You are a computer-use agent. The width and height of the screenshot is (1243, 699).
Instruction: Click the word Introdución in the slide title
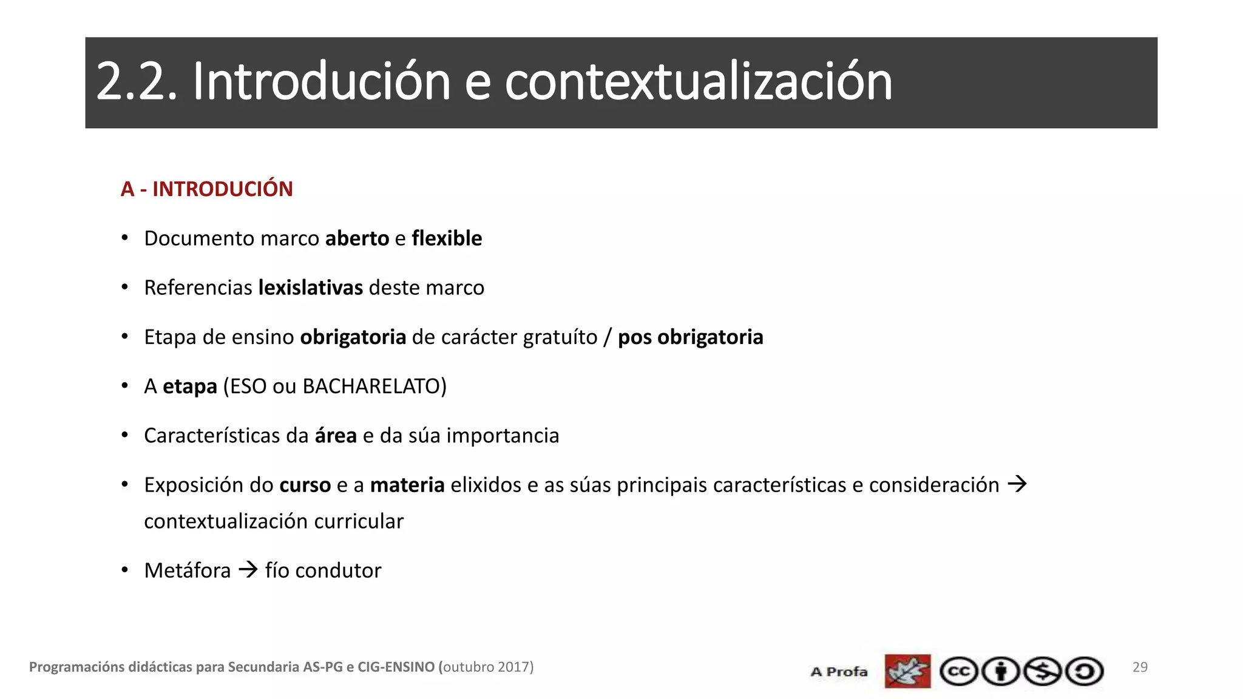[322, 82]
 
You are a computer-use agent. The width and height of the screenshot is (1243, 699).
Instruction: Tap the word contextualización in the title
[698, 82]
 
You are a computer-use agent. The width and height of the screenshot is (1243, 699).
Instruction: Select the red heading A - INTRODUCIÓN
[206, 189]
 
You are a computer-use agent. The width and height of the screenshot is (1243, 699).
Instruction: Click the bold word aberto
[357, 238]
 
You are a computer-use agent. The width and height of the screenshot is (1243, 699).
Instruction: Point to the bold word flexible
[447, 238]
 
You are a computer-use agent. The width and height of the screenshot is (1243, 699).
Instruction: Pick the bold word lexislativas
[311, 288]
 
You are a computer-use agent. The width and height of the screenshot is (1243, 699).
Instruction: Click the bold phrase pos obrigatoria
[690, 337]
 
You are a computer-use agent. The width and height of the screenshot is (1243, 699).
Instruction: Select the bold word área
[336, 436]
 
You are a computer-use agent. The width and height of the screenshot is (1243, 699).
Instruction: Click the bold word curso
[305, 485]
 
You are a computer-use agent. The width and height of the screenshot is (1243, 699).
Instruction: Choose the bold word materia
[407, 485]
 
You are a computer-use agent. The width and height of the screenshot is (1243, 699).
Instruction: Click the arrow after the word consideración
[1017, 484]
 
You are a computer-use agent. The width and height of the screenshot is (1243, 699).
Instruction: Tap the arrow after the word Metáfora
[248, 570]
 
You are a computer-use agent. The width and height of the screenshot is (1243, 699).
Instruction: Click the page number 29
[1140, 667]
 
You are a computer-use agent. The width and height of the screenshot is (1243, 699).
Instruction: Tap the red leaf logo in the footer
[907, 671]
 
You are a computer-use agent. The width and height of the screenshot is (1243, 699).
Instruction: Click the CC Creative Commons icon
[958, 672]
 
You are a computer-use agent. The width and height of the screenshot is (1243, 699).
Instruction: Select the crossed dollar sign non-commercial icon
[1042, 672]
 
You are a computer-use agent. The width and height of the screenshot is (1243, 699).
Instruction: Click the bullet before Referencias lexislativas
[124, 287]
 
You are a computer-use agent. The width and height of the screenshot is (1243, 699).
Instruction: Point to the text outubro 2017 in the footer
[488, 667]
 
